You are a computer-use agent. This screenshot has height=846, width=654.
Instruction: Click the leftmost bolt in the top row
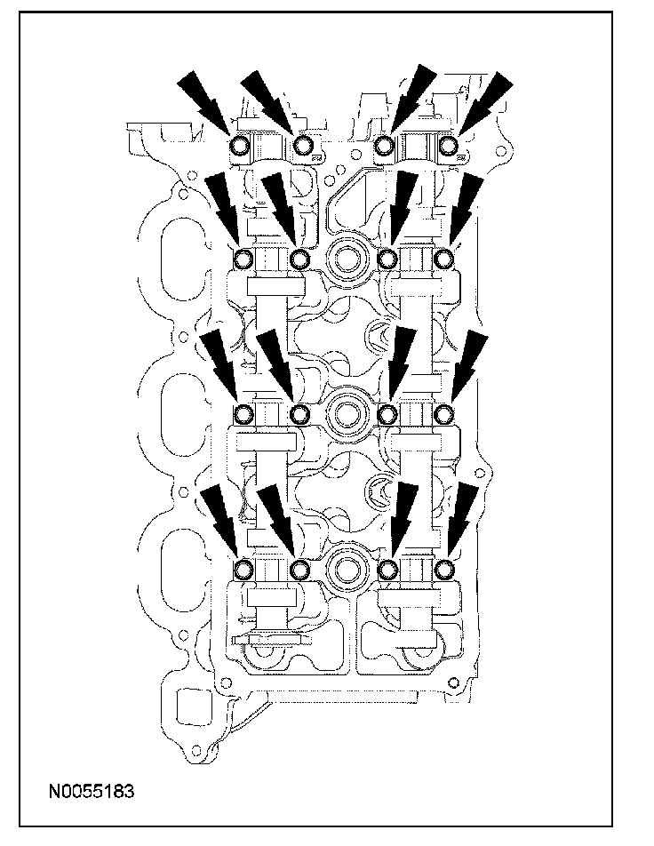pos(240,146)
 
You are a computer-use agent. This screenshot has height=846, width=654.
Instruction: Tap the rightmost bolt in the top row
pos(451,145)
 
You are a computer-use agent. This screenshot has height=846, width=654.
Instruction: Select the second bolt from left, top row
pos(303,145)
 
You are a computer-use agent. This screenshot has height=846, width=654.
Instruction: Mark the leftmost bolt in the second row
pos(243,259)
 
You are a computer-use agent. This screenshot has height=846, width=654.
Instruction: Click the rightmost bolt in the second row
pos(445,259)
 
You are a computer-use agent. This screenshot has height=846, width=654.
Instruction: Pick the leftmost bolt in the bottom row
pos(243,569)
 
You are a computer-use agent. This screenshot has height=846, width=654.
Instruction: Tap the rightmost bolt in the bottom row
pos(445,569)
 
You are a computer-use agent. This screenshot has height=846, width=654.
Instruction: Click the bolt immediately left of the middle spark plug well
pos(301,413)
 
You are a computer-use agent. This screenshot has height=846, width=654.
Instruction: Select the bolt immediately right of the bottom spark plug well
pos(387,569)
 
